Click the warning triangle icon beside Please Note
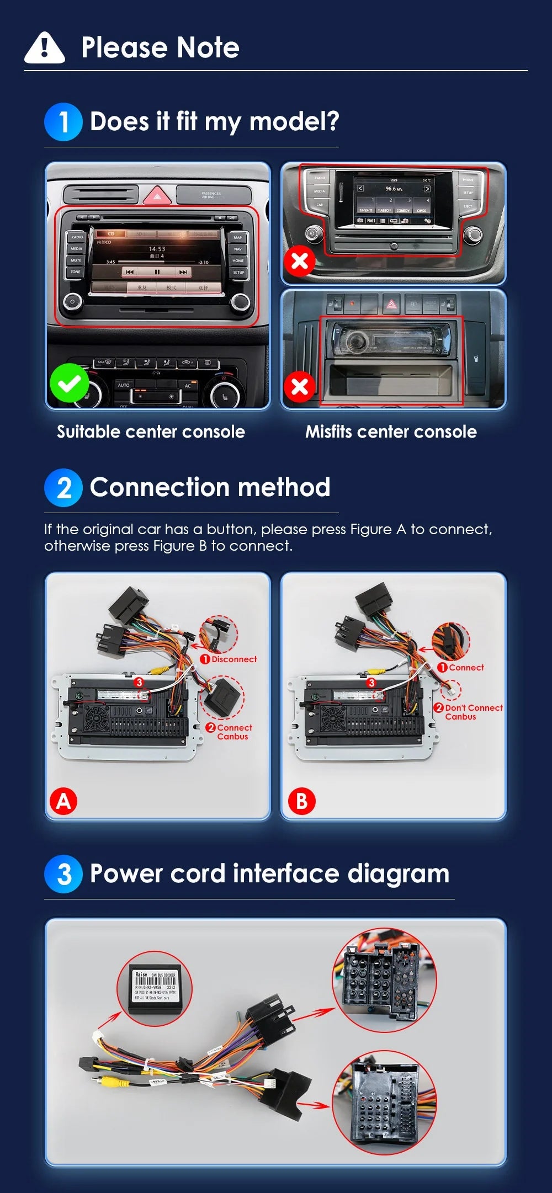pos(45,48)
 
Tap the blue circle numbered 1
pos(63,122)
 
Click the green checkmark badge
pos(69,383)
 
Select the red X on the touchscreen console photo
pos(300,260)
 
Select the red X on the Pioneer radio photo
pos(300,386)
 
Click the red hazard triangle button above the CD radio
pos(157,195)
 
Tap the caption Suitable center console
pos(151,432)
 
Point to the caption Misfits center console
pos(391,432)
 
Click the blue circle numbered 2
pos(63,488)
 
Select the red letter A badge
pos(63,801)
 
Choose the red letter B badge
pos(301,801)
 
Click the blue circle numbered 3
pos(63,874)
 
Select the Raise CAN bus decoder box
pos(155,988)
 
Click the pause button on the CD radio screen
pos(157,272)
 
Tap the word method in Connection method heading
pos(284,488)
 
